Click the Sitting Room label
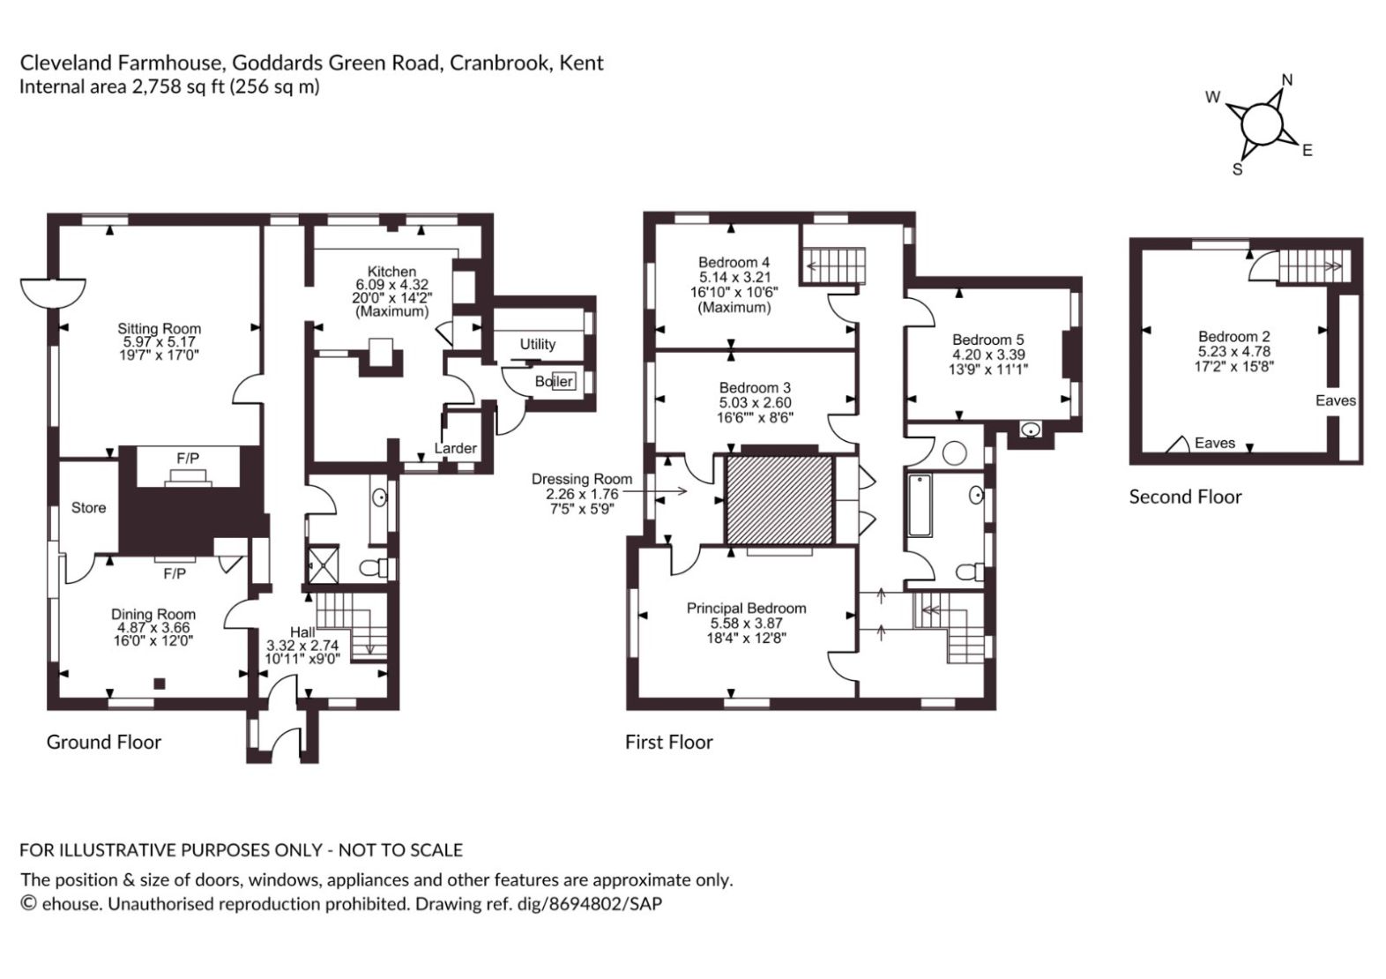click(159, 329)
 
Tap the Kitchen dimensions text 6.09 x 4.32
click(391, 285)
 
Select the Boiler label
click(554, 381)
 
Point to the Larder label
click(456, 448)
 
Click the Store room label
click(88, 507)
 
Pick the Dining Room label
click(153, 614)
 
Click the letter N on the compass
click(1287, 80)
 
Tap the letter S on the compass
click(1238, 169)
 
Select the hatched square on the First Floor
click(779, 500)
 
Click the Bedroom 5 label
click(988, 340)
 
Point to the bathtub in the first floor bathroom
click(920, 505)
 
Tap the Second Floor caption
click(1185, 497)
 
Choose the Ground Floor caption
click(104, 742)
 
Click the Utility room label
click(537, 344)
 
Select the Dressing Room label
click(582, 479)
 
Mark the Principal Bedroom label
click(746, 609)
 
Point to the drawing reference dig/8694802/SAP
click(589, 904)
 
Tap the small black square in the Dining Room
click(160, 684)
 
